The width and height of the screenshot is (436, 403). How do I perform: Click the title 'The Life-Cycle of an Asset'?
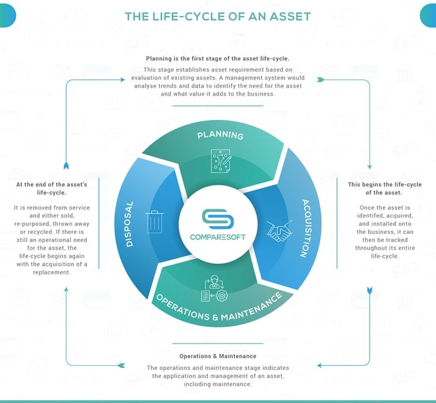[x=218, y=17]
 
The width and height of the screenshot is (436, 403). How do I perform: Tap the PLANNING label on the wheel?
[x=220, y=135]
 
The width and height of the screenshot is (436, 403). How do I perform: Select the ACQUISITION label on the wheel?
[x=305, y=228]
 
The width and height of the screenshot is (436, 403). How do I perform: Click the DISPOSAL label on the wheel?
[x=129, y=224]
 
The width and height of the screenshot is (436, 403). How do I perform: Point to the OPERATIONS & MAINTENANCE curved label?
[x=219, y=308]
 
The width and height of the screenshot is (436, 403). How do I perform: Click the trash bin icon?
[x=154, y=221]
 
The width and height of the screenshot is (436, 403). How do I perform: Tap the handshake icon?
[x=279, y=231]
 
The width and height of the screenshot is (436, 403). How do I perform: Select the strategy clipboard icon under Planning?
[x=221, y=161]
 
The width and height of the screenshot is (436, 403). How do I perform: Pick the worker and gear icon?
[x=215, y=288]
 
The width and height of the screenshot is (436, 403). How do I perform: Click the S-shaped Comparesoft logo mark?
[x=218, y=219]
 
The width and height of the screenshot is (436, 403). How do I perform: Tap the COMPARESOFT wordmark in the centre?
[x=218, y=237]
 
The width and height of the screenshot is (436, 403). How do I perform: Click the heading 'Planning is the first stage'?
[x=217, y=59]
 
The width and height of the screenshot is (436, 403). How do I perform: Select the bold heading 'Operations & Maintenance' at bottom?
[x=218, y=356]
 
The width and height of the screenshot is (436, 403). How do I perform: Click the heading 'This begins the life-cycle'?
[x=384, y=188]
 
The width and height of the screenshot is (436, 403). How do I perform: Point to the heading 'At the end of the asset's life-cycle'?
[x=52, y=188]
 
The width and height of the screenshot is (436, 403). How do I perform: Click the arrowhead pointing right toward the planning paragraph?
[x=123, y=80]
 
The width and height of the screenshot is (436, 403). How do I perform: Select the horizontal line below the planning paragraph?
[x=218, y=105]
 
